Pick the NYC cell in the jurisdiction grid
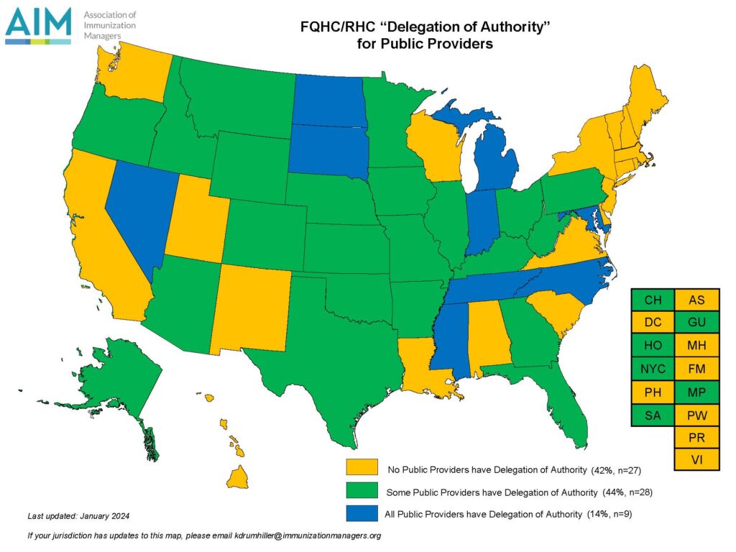click(653, 369)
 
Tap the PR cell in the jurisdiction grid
click(696, 437)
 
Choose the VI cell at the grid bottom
click(696, 459)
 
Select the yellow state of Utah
click(194, 216)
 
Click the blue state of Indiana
click(480, 223)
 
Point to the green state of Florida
click(568, 410)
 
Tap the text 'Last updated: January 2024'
click(78, 516)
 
